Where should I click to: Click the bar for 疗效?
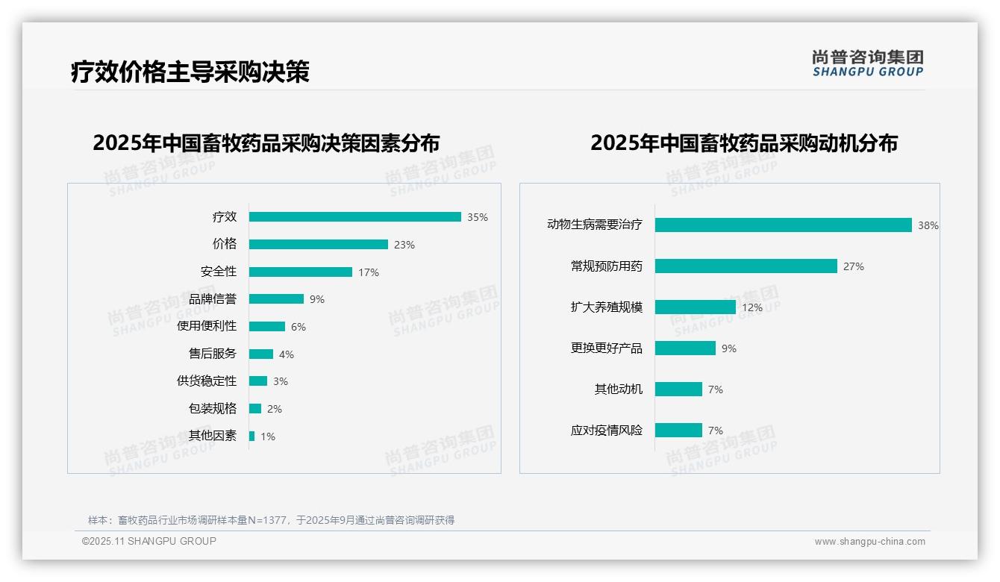(x=354, y=217)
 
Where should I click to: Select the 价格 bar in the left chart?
(x=318, y=245)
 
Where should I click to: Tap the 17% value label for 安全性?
(x=369, y=272)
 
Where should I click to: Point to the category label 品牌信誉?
(x=213, y=299)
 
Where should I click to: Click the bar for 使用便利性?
(x=266, y=327)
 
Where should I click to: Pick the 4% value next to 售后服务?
(x=287, y=354)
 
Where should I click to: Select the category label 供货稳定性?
(x=207, y=381)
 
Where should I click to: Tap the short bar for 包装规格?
(x=255, y=409)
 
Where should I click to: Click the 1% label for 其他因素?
(x=268, y=436)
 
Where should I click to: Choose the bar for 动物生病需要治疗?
(x=783, y=225)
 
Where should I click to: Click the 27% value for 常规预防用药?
(x=854, y=266)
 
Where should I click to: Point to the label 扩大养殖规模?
(x=607, y=307)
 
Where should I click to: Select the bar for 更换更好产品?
(x=685, y=348)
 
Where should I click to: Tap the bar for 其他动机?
(x=678, y=389)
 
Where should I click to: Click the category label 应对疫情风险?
(x=607, y=431)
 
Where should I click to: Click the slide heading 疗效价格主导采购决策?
(x=190, y=72)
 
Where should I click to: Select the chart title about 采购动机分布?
(x=744, y=143)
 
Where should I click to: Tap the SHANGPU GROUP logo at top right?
(x=868, y=63)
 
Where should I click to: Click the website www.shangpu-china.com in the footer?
(x=869, y=542)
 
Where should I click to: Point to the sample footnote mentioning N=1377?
(x=272, y=520)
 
